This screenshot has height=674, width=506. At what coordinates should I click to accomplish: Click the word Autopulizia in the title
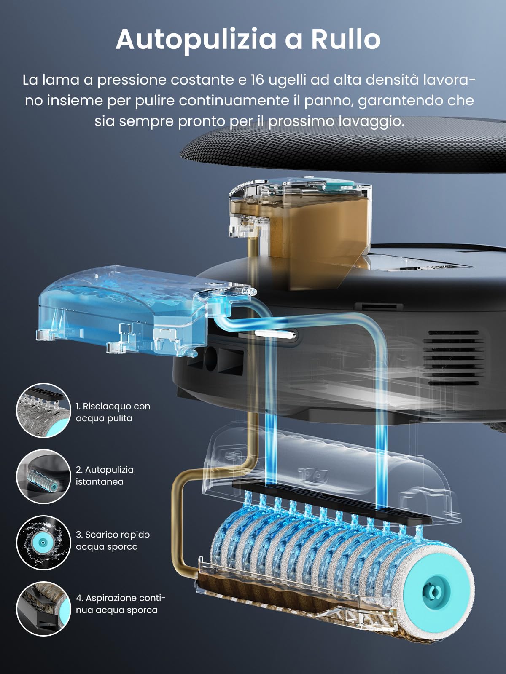196,39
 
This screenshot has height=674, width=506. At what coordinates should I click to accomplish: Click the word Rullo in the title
345,39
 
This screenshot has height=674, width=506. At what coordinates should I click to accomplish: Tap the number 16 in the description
257,80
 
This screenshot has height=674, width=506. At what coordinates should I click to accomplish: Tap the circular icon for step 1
43,410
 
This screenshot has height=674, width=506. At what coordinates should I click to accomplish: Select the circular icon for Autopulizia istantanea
43,476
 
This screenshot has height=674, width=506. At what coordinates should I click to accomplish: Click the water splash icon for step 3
43,541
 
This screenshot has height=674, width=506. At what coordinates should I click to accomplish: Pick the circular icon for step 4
43,608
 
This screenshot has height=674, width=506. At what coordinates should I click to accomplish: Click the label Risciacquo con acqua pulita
113,412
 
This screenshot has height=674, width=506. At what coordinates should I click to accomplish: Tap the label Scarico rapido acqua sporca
113,540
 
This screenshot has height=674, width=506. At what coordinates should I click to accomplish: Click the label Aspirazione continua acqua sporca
121,604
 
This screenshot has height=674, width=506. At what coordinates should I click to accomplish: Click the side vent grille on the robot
453,358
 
